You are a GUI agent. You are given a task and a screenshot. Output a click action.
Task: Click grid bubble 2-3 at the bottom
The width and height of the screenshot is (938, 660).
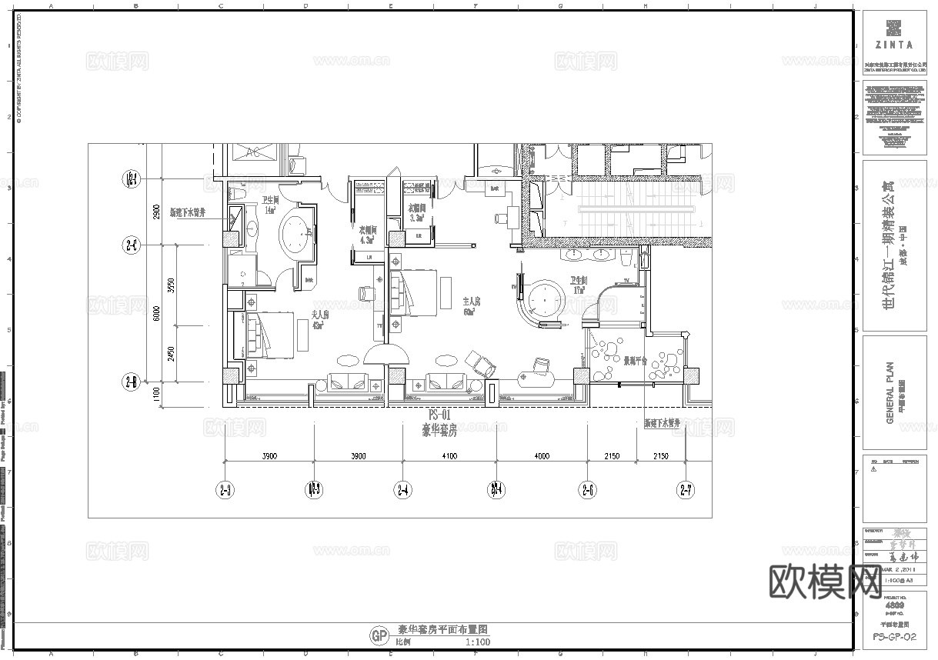225,489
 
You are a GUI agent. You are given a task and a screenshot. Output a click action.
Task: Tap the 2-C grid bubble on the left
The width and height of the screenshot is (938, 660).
132,246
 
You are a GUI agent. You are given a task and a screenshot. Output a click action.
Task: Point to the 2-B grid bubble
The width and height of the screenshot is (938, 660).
132,382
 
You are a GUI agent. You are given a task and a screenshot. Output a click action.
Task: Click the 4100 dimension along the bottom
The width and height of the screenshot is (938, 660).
449,456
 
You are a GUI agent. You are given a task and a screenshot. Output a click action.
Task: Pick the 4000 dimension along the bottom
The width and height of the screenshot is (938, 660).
542,456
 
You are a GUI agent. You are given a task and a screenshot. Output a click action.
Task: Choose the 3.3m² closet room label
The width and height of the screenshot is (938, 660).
418,211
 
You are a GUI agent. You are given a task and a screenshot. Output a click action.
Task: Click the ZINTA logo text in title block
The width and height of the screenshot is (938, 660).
893,45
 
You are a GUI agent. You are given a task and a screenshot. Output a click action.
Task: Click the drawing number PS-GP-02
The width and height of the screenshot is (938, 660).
894,637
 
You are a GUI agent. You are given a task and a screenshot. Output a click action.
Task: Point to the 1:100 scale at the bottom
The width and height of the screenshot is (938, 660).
478,642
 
